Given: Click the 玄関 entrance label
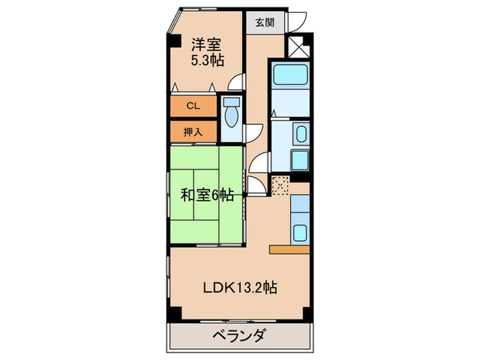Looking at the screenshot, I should point(265,21).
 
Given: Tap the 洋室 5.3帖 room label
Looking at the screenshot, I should point(206,51).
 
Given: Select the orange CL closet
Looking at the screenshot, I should point(193,106).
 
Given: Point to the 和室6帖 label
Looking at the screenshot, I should point(206,195).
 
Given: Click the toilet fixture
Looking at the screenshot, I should point(230,113).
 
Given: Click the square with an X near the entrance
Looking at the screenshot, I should point(300,47).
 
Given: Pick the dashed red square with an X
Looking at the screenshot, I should point(280,185).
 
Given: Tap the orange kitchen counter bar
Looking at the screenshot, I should point(290,250).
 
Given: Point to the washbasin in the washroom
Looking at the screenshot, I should point(300,134).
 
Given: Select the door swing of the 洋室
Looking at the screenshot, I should point(237,82).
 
